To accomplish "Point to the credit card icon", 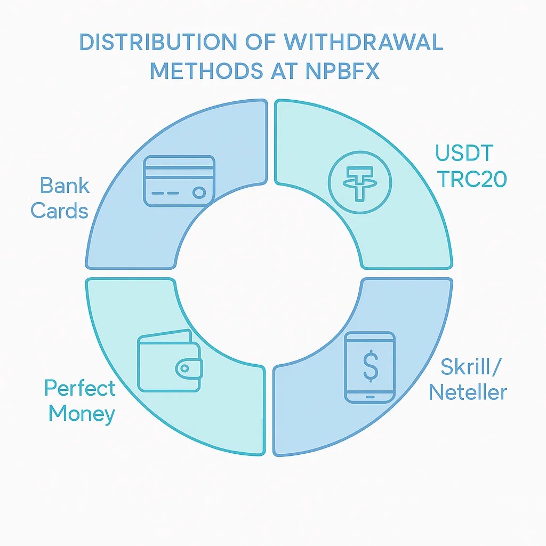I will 179,181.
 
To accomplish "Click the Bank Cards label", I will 60,198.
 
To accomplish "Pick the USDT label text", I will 464,153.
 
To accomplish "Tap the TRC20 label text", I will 471,180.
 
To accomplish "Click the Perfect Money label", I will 80,400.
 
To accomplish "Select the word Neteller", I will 468,392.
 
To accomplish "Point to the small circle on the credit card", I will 199,192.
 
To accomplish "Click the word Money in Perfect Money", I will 82,413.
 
